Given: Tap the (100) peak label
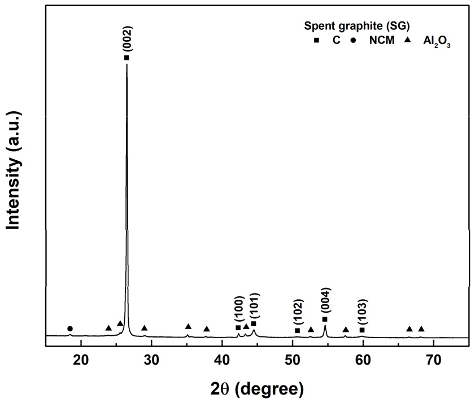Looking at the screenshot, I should (238, 310).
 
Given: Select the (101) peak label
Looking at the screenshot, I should (254, 306).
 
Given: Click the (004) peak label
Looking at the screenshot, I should (325, 301).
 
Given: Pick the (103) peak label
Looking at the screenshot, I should (362, 314).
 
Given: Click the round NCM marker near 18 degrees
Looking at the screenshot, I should (70, 328).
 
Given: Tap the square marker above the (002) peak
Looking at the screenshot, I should (127, 58).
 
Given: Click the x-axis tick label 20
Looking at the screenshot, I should (81, 358).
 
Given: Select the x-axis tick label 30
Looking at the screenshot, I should (151, 358).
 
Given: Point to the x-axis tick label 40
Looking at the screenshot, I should (222, 358).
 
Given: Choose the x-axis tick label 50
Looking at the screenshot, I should (293, 358).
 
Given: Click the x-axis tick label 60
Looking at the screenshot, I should (363, 358).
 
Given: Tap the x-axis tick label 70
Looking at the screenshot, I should (433, 358).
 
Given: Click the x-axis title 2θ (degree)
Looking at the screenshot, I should (258, 388).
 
